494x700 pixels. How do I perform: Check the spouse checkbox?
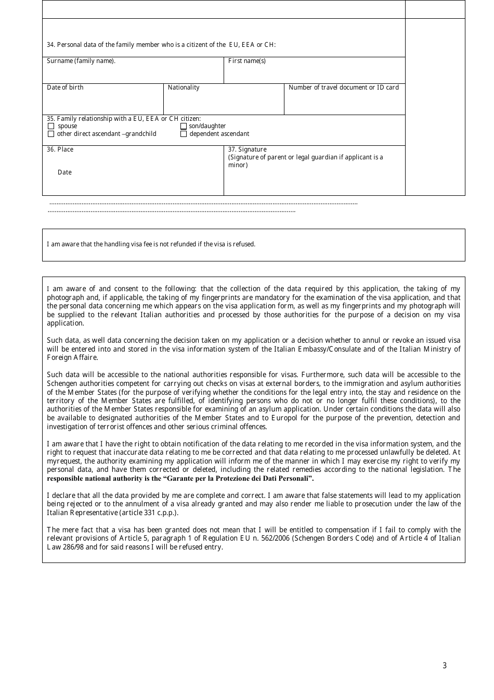(51, 126)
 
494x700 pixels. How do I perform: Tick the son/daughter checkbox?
(184, 126)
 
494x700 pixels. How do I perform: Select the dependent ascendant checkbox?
(184, 134)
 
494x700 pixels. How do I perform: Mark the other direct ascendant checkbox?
(51, 134)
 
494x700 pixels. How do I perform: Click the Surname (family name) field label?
(81, 61)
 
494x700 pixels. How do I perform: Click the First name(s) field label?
(247, 61)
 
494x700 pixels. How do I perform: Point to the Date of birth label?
(65, 87)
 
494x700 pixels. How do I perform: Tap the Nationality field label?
(184, 87)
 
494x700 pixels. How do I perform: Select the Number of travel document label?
(344, 87)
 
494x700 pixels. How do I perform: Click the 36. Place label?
(60, 149)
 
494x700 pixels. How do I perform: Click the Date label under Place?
(65, 172)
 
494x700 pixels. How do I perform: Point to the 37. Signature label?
(248, 149)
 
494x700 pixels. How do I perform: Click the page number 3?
(445, 665)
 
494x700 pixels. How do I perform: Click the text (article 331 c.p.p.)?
(149, 512)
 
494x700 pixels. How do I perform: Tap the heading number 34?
(50, 45)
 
